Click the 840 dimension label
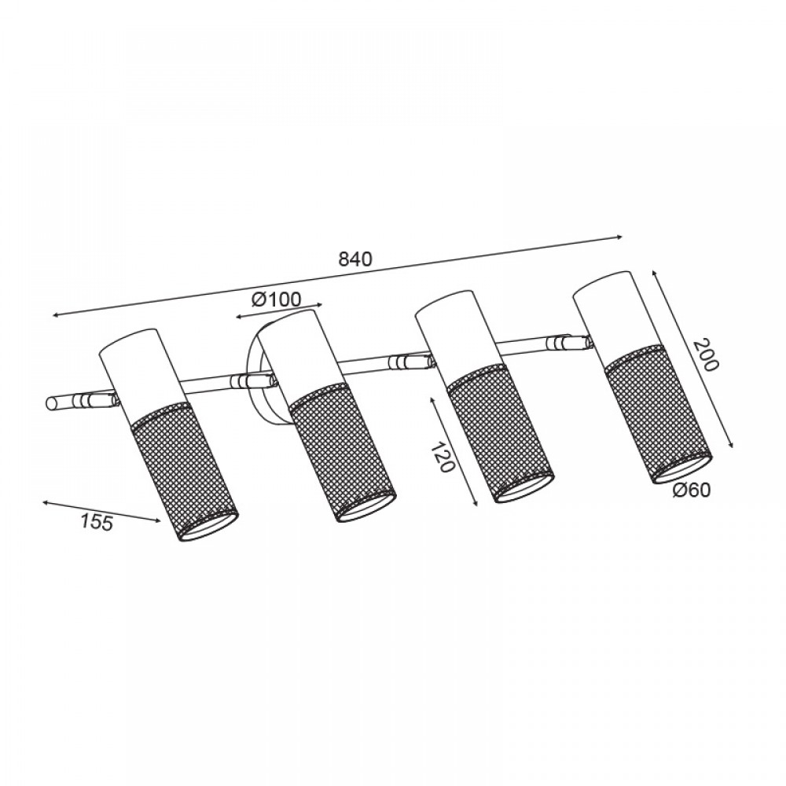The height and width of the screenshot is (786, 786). coord(355,259)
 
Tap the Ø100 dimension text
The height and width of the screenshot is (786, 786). coord(276,299)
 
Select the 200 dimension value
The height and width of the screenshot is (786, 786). coord(705,354)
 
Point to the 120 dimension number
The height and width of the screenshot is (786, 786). coord(442,457)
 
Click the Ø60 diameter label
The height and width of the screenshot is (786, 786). coord(692,490)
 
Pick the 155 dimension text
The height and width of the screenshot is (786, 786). coord(97,523)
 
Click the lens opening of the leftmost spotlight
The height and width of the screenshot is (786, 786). coord(207,527)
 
